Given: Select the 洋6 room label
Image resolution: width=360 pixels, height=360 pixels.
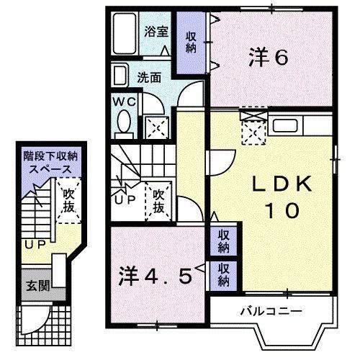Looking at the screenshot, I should [x=269, y=55].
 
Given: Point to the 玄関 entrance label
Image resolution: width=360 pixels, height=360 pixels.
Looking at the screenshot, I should [x=39, y=285].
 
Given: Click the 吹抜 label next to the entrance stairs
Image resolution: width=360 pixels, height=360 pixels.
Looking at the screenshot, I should [x=69, y=200].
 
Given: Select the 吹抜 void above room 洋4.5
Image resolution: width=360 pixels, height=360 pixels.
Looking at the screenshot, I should [x=159, y=201].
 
